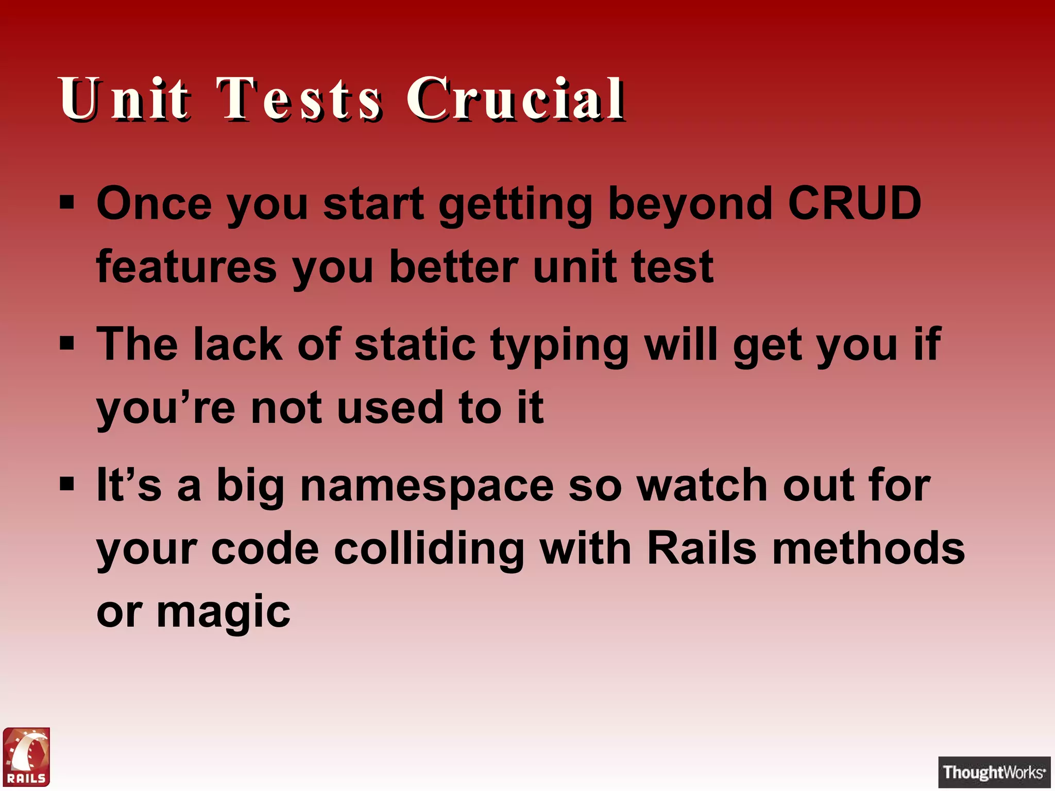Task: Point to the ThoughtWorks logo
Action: (994, 772)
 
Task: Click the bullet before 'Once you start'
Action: (67, 202)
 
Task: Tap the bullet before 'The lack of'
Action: (67, 343)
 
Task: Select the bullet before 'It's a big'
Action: (67, 484)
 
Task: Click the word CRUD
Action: (854, 203)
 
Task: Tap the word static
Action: (415, 344)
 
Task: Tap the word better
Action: (453, 267)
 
